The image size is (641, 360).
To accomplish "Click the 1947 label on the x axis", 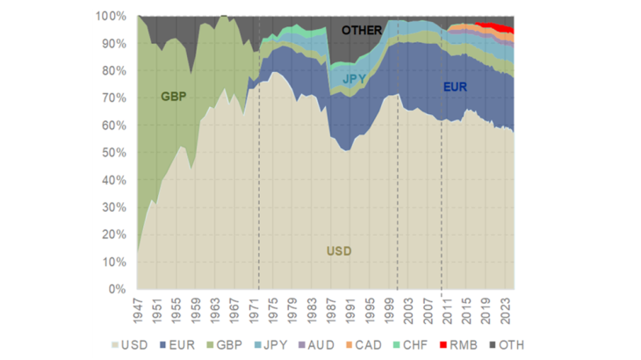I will (137, 310).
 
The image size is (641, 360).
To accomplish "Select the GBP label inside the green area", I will (174, 96).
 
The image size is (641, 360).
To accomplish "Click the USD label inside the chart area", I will (339, 251).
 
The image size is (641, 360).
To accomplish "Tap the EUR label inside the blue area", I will (455, 87).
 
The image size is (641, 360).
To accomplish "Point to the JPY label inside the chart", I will (354, 78).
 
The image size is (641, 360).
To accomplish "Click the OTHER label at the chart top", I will (362, 31).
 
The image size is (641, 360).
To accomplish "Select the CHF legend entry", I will (411, 345).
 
